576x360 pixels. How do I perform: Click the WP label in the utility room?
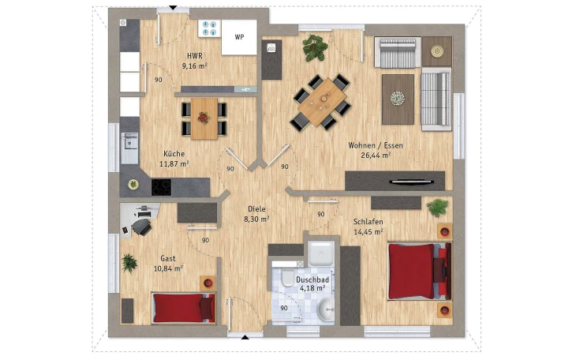pos(240,37)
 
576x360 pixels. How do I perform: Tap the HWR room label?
pos(195,56)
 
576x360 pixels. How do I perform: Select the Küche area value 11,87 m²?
pos(174,163)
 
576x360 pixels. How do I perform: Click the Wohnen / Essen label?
pos(376,145)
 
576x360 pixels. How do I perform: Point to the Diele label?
pos(256,209)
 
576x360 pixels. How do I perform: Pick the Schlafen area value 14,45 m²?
pos(368,231)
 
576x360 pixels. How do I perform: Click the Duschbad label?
pos(312,279)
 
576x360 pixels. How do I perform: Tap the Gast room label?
pos(168,258)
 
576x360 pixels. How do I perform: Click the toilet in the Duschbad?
pos(286,276)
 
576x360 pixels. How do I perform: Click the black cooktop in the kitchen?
pos(161,187)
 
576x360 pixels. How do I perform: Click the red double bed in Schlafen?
pos(420,272)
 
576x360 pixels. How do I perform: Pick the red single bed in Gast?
pos(184,308)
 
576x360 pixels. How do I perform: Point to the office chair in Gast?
pos(142,226)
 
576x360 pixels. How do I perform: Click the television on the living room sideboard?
pos(412,182)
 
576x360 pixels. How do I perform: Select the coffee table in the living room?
pos(398,99)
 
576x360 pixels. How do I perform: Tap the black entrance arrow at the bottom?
pos(245,337)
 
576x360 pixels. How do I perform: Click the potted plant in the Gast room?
pos(129,263)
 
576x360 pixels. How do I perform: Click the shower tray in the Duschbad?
pos(321,253)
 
